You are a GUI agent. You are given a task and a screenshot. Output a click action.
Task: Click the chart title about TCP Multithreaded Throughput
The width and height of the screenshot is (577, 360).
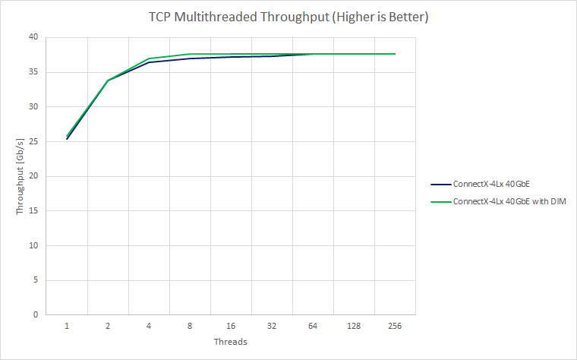[x=288, y=16]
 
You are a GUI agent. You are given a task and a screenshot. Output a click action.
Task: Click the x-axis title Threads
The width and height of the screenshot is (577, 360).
[x=230, y=342]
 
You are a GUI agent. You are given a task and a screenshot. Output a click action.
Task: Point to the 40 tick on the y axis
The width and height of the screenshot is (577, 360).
[x=33, y=37]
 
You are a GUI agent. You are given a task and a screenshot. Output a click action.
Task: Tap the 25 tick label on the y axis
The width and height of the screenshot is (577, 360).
[x=33, y=141]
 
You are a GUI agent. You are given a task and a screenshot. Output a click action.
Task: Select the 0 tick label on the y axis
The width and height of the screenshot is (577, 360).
[x=35, y=314]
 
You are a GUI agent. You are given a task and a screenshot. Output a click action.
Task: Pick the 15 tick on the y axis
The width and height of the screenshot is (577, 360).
[x=33, y=210]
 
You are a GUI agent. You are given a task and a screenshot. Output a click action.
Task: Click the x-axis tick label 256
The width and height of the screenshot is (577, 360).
[x=394, y=326]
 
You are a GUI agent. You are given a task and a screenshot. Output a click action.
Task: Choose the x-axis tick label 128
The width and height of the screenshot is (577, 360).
[x=353, y=326]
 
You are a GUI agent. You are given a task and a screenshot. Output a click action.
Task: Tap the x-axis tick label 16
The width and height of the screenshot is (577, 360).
[x=230, y=326]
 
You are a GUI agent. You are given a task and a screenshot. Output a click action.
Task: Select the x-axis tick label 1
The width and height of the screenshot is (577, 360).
[x=67, y=326]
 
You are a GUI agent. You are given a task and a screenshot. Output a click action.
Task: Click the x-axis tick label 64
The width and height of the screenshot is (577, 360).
[x=312, y=326]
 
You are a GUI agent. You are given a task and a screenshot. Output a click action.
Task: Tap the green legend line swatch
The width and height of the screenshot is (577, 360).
[x=440, y=201]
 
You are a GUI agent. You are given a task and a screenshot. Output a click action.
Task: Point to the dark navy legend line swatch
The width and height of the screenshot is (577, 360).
[x=440, y=184]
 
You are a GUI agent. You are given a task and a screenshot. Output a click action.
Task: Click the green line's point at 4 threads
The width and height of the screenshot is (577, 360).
[x=149, y=58]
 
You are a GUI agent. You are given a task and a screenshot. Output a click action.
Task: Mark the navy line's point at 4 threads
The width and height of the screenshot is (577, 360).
[x=149, y=62]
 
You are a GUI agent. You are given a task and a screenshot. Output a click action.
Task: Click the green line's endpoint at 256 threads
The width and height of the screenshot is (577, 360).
[x=395, y=54]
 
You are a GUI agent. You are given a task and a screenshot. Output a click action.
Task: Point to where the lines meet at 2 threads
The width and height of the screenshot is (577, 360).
[x=108, y=80]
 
